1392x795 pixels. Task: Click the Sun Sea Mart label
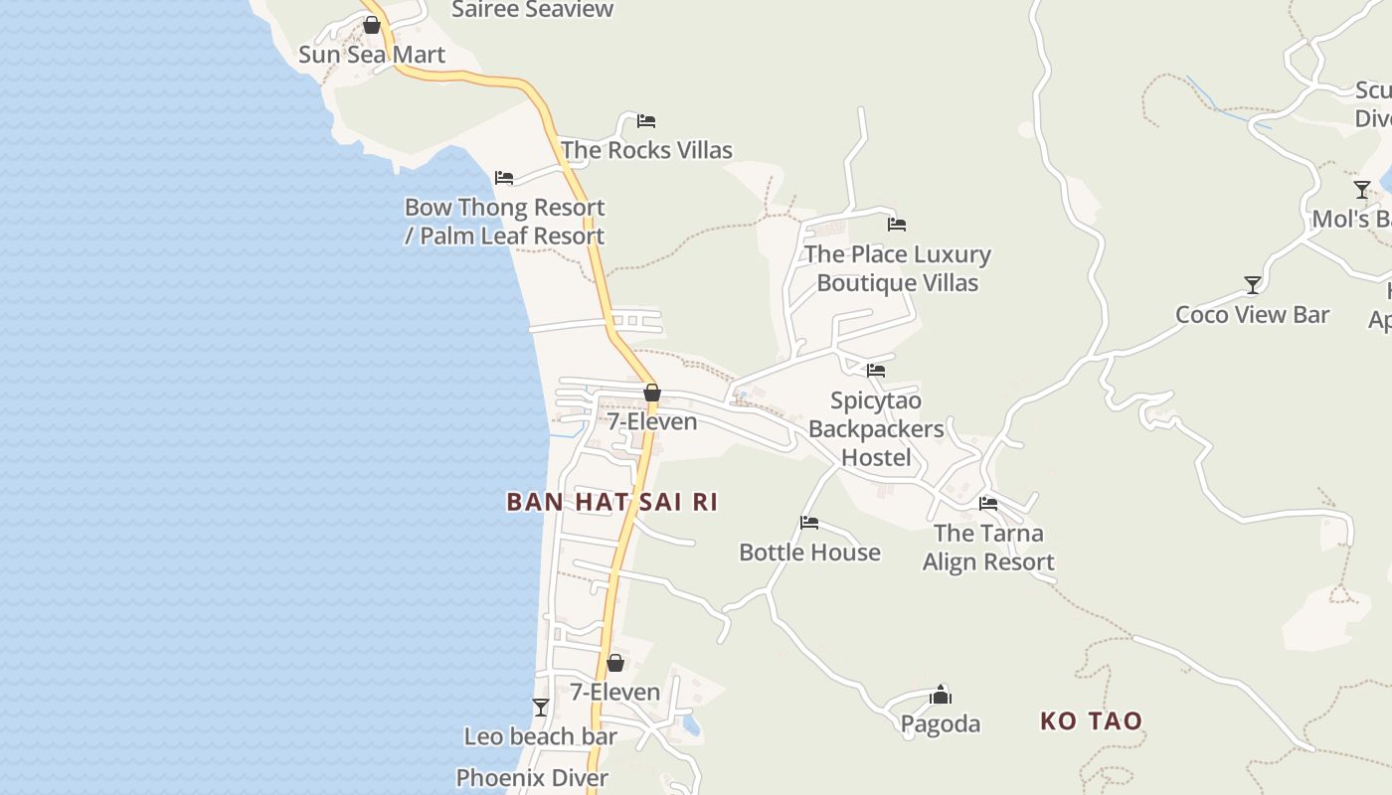[372, 55]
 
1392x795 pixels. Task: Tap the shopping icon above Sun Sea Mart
[372, 25]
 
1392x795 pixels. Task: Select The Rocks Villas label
[646, 150]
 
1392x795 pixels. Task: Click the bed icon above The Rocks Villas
[646, 121]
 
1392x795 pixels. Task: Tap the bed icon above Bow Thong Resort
[504, 178]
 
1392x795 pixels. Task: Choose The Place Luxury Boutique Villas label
[897, 268]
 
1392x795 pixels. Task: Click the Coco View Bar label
[1252, 315]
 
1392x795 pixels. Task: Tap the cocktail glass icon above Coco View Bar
[1253, 285]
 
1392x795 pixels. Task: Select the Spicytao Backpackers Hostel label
[876, 429]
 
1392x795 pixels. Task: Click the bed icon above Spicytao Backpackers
[876, 371]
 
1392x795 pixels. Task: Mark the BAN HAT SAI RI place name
[611, 502]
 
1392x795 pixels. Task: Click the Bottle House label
[809, 553]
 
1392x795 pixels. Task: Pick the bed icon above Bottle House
[809, 523]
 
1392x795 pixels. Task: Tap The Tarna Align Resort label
[988, 548]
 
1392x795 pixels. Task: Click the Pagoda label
[941, 724]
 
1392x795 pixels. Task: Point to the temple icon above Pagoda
[941, 695]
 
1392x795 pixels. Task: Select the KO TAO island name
[1091, 721]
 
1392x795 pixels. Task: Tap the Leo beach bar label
[540, 736]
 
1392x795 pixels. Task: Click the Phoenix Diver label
[532, 778]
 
